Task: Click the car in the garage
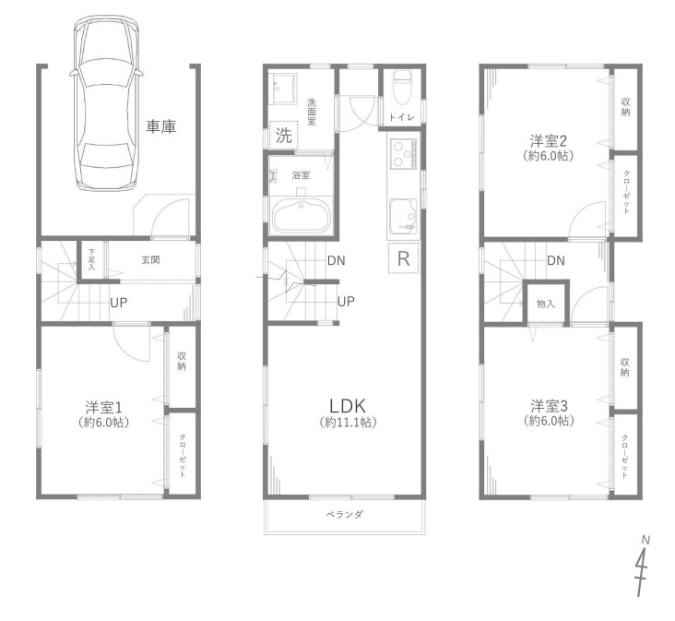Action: click(x=106, y=102)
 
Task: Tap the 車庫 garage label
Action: click(x=161, y=126)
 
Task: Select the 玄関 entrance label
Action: click(x=150, y=260)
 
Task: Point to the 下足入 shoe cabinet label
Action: click(x=91, y=259)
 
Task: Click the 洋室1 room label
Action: click(x=104, y=407)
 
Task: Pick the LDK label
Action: click(x=348, y=406)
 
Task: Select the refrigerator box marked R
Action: click(x=403, y=258)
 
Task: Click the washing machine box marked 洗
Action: click(x=284, y=136)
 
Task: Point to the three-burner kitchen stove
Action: click(x=403, y=154)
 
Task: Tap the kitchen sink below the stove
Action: click(x=403, y=217)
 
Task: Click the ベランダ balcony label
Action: click(x=344, y=514)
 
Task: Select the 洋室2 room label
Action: click(x=548, y=141)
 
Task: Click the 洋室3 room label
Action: click(x=549, y=406)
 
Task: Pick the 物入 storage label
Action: click(x=546, y=304)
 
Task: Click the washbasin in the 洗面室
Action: click(x=283, y=89)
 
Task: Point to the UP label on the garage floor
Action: click(x=118, y=303)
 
